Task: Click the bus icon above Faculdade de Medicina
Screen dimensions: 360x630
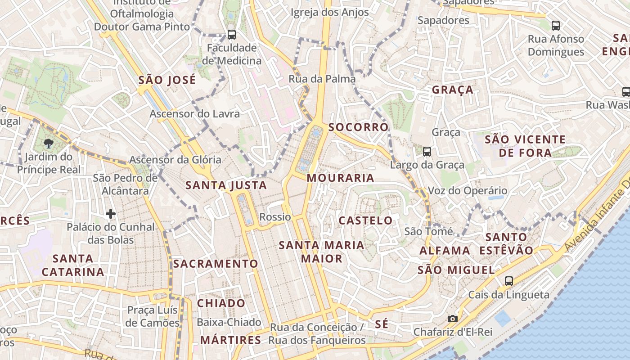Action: click(x=232, y=34)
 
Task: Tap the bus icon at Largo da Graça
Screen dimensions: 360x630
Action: click(x=427, y=152)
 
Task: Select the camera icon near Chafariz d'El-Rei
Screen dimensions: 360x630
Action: click(x=453, y=319)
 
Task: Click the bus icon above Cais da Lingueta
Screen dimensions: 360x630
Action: click(x=509, y=281)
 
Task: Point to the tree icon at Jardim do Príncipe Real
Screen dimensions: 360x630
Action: click(x=48, y=144)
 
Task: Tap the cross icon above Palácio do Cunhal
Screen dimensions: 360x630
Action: click(x=111, y=213)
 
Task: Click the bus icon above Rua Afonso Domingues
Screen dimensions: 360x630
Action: click(x=556, y=26)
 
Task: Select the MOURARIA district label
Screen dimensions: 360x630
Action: click(x=341, y=178)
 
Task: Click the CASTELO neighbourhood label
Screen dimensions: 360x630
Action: click(x=365, y=220)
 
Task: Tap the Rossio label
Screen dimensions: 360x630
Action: click(x=275, y=217)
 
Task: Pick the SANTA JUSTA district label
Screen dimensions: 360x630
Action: click(x=226, y=185)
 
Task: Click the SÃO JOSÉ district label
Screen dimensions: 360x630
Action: click(x=167, y=80)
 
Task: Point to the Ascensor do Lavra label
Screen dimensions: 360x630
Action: click(x=194, y=114)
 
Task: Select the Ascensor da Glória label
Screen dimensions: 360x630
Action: click(x=175, y=160)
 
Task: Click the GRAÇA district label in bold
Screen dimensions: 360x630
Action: click(x=453, y=90)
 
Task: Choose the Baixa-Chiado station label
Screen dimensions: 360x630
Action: click(x=229, y=322)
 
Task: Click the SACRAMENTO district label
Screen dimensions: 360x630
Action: click(x=216, y=264)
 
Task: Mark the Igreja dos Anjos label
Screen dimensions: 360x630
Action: click(x=330, y=13)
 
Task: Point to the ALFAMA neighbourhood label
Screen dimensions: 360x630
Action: click(x=445, y=250)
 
